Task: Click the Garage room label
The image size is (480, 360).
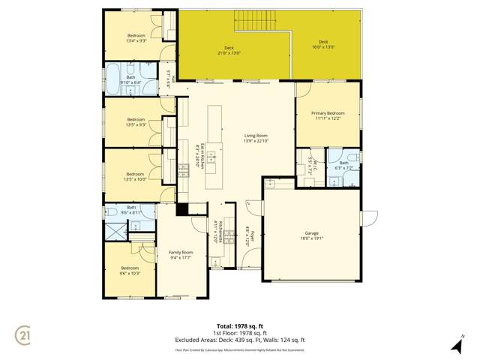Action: tap(313, 236)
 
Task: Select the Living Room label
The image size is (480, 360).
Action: tap(256, 138)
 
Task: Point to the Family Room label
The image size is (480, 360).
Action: tap(181, 255)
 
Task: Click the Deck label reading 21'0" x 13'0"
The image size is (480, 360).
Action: tap(229, 50)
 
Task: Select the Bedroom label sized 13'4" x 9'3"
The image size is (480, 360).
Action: tap(136, 38)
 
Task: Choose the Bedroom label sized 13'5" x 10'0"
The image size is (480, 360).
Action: tap(135, 176)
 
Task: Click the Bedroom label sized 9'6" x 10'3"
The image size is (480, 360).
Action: tap(130, 270)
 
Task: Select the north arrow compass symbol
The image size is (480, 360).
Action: tap(457, 344)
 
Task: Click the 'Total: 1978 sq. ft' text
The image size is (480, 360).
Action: tap(240, 326)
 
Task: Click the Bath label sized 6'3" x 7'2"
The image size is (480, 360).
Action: tap(344, 165)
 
